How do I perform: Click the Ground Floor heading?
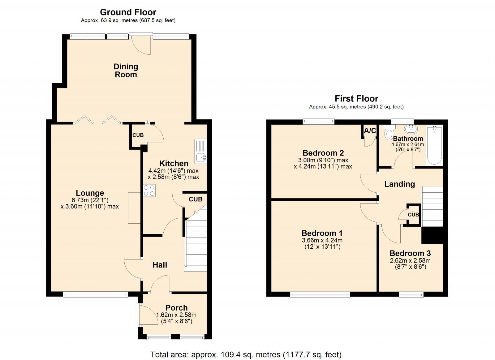pos(128,12)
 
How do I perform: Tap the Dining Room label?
pos(126,71)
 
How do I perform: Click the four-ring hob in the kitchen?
pos(149,190)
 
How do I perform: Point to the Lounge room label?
pos(90,193)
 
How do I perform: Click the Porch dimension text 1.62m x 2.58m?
pos(176,315)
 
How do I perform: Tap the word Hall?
pos(160,265)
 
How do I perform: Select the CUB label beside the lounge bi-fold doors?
pos(138,135)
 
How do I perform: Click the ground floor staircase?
pos(196,244)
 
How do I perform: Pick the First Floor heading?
pos(356,99)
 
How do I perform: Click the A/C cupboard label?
pos(370,131)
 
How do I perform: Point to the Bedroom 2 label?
pos(323,153)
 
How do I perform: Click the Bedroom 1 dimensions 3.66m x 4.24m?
pos(322,240)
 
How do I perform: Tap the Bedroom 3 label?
pos(410,253)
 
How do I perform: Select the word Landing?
pos(399,184)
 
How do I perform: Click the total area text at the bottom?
pos(246,354)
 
